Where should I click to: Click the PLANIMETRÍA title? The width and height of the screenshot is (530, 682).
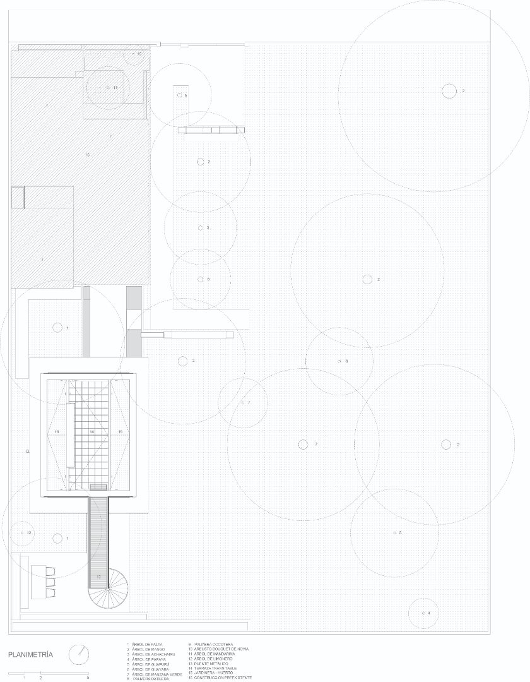(x=30, y=655)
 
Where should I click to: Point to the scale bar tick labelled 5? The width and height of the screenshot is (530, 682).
(x=88, y=677)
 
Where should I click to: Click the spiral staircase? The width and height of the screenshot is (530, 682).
(x=109, y=587)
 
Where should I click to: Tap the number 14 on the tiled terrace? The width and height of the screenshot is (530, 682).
(x=92, y=431)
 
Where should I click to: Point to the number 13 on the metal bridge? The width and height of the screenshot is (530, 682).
(x=98, y=577)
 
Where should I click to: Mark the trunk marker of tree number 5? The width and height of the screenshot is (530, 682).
(x=395, y=533)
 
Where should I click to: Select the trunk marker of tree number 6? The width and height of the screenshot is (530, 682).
(x=340, y=361)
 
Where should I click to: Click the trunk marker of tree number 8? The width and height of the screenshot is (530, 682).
(x=201, y=279)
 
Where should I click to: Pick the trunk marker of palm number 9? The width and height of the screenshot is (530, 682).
(x=180, y=95)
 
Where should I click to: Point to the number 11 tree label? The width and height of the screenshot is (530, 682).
(x=115, y=88)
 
